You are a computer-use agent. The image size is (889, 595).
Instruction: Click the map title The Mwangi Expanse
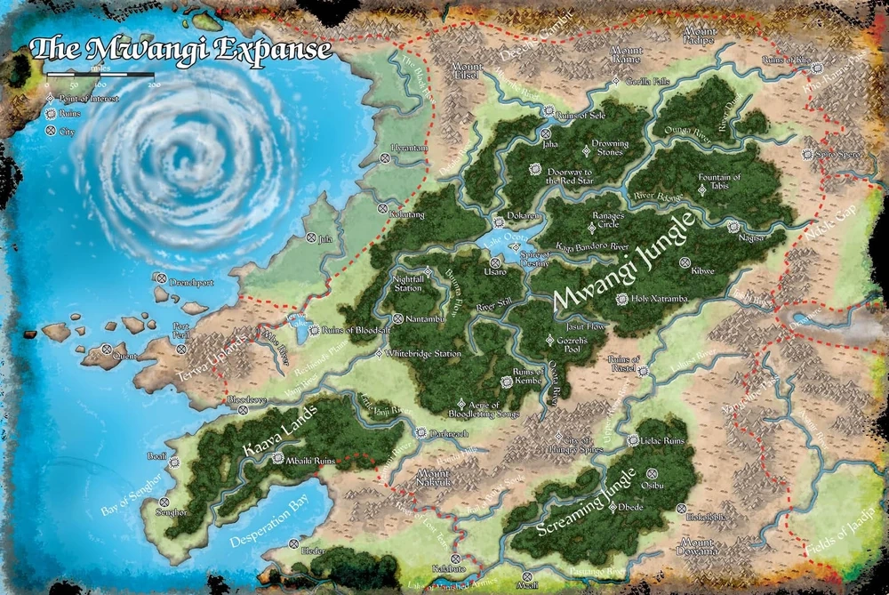coord(180,49)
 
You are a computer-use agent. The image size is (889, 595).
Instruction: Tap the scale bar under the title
coord(100,76)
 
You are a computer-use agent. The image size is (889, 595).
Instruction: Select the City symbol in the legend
coord(51,132)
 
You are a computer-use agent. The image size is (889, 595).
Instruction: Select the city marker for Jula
coord(311,238)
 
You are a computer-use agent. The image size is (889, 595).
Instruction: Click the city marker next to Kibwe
coord(685,261)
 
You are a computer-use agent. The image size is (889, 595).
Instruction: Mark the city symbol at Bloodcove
coord(242,411)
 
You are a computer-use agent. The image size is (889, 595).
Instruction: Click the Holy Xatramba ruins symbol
coord(621,299)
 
